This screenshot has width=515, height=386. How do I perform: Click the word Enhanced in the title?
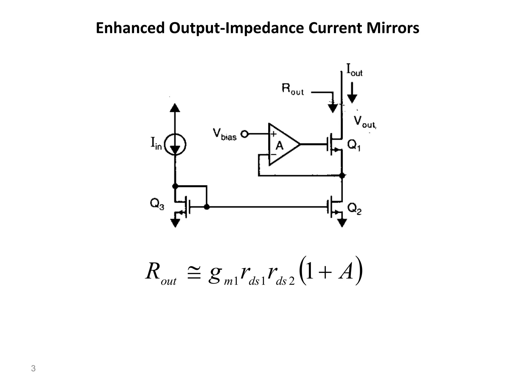coord(130,28)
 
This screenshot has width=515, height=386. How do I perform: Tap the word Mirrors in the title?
coord(393,28)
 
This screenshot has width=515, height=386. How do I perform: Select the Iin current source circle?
coord(175,144)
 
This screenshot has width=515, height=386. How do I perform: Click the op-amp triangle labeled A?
coord(283,144)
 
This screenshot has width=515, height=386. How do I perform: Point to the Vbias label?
coord(225,134)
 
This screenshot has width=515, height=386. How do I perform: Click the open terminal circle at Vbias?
coord(244,134)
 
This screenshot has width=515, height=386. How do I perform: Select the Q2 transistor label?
coord(354,209)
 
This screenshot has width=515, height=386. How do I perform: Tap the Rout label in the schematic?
coord(293,90)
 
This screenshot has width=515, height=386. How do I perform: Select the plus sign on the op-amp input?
coord(273,134)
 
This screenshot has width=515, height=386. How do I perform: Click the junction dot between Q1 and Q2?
coord(342,175)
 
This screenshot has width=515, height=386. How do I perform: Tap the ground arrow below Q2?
coord(342,222)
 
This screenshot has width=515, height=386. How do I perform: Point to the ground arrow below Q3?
coord(175,223)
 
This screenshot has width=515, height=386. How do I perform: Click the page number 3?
coord(33,369)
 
